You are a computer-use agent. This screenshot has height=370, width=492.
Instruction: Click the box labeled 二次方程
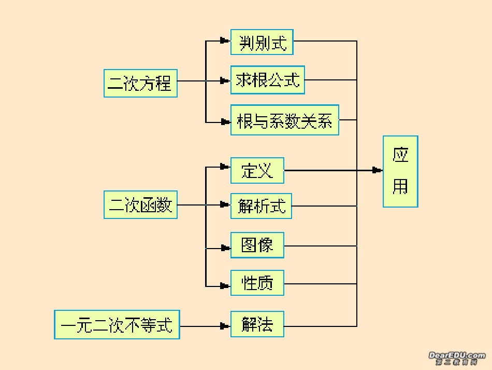(x=140, y=83)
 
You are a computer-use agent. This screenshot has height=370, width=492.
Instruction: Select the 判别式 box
(x=262, y=42)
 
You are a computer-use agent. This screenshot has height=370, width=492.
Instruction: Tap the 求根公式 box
(x=267, y=80)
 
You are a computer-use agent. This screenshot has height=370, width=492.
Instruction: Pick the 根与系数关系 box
(x=284, y=120)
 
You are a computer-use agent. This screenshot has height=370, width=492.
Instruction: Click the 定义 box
(x=257, y=170)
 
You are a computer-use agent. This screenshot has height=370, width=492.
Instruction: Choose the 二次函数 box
(x=140, y=205)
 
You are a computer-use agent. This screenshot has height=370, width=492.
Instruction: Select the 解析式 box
(x=261, y=206)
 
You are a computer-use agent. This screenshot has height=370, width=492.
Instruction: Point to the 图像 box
(x=257, y=245)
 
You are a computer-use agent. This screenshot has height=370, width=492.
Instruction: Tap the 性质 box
(x=257, y=283)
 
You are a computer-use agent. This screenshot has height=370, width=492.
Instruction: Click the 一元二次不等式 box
(x=117, y=325)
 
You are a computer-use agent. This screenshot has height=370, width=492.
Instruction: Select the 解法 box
(x=257, y=325)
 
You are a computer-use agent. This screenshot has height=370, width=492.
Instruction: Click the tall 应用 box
(x=400, y=171)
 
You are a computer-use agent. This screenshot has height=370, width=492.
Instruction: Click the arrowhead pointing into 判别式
(x=225, y=40)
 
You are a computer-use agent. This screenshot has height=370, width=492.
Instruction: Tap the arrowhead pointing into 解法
(x=225, y=326)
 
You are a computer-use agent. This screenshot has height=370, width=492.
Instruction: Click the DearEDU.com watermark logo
(x=457, y=358)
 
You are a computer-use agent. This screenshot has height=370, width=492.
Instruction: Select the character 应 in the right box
(x=400, y=155)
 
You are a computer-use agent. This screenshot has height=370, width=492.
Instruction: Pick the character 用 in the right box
(x=400, y=186)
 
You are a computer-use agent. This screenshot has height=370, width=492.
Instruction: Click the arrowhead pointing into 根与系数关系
(x=225, y=122)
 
